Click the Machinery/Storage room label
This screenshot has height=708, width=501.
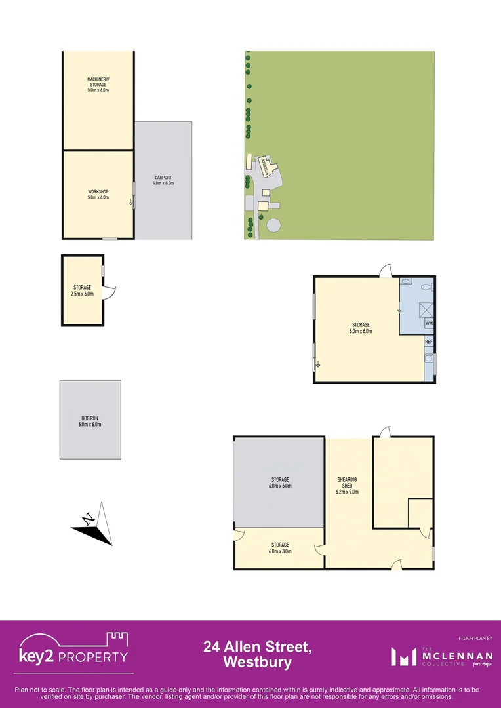[x=98, y=85]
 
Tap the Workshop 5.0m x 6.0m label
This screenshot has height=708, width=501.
[x=98, y=194]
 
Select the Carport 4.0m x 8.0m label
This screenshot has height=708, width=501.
[x=163, y=180]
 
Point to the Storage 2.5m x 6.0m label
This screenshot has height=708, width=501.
[x=83, y=290]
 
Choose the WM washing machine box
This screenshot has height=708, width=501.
[x=429, y=323]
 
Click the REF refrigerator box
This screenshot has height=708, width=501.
[x=428, y=342]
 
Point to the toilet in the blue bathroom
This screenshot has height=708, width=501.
[x=425, y=287]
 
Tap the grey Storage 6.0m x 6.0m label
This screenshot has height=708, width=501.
[x=279, y=482]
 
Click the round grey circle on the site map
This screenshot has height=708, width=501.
[x=273, y=225]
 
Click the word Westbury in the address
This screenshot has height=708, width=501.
[x=258, y=662]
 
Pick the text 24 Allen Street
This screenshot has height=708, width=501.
[x=257, y=647]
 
